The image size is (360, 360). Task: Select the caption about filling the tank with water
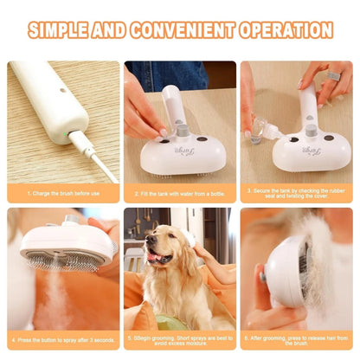pos(180,193)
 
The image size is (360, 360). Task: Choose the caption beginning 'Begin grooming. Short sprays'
pos(179,339)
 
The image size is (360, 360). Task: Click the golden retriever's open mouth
pos(159,257)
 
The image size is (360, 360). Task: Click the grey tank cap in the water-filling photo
pos(183,131)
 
